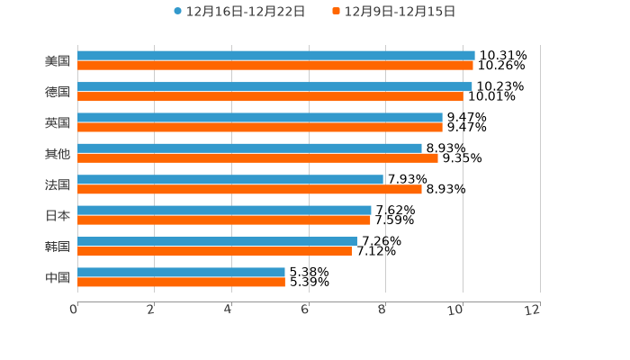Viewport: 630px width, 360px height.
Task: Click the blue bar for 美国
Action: point(276,56)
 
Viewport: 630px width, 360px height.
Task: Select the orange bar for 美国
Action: point(275,66)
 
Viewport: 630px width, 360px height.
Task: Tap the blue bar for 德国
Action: point(274,86)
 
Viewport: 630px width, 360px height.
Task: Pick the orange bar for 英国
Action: point(260,127)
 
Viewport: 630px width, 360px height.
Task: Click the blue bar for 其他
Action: point(249,148)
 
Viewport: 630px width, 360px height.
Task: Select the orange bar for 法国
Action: point(249,189)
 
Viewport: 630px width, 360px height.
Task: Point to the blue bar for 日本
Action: point(224,211)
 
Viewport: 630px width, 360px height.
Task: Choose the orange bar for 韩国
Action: point(214,251)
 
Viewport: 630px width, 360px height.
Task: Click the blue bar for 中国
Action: point(181,272)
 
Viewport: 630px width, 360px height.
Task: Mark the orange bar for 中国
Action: point(181,282)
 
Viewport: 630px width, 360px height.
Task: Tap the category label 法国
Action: point(58,184)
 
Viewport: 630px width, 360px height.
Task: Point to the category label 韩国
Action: point(58,247)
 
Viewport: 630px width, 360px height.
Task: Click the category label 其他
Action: point(58,154)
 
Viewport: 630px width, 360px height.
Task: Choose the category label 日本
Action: point(58,216)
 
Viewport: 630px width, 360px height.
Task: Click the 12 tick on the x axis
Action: point(534,310)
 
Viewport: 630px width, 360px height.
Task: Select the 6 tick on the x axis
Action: point(305,310)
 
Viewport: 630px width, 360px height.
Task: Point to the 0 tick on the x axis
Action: point(74,310)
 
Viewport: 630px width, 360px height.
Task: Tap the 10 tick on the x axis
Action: point(456,310)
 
